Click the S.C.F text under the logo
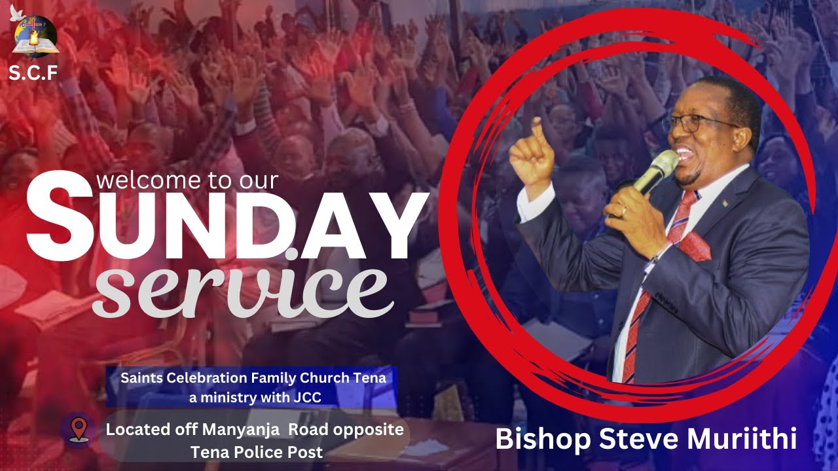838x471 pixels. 33,73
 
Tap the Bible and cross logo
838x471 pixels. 35,38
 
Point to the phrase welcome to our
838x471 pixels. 187,179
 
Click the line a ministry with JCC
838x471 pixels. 251,396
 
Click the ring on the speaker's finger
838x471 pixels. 623,211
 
